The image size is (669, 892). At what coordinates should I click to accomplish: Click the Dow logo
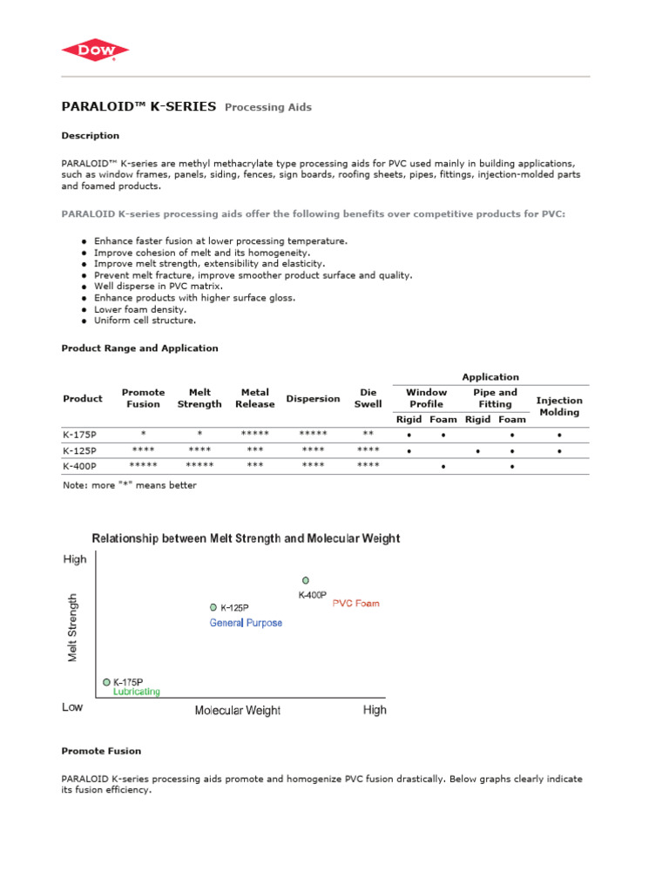(96, 51)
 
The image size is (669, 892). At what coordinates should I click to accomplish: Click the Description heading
(91, 136)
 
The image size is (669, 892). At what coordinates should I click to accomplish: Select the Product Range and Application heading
(139, 348)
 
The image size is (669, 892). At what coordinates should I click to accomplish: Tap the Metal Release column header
(254, 398)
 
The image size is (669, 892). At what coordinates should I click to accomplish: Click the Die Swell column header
(368, 398)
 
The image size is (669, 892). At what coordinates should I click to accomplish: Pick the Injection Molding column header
(559, 406)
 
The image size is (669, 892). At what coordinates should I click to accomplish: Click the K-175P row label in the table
(80, 434)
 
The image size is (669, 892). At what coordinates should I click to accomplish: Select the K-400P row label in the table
(80, 466)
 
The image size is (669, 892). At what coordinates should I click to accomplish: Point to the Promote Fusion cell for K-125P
(142, 450)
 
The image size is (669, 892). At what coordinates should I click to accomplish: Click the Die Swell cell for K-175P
(368, 434)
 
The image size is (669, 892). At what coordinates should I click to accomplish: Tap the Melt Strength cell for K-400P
(199, 466)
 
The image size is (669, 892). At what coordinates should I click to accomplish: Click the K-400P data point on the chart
(305, 580)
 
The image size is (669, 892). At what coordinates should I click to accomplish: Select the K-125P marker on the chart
(213, 607)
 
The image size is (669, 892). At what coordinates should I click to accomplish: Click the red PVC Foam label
(356, 603)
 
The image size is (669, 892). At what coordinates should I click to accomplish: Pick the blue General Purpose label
(246, 623)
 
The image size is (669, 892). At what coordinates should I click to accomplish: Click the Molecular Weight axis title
(237, 711)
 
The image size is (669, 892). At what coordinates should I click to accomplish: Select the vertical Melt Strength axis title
(73, 627)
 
